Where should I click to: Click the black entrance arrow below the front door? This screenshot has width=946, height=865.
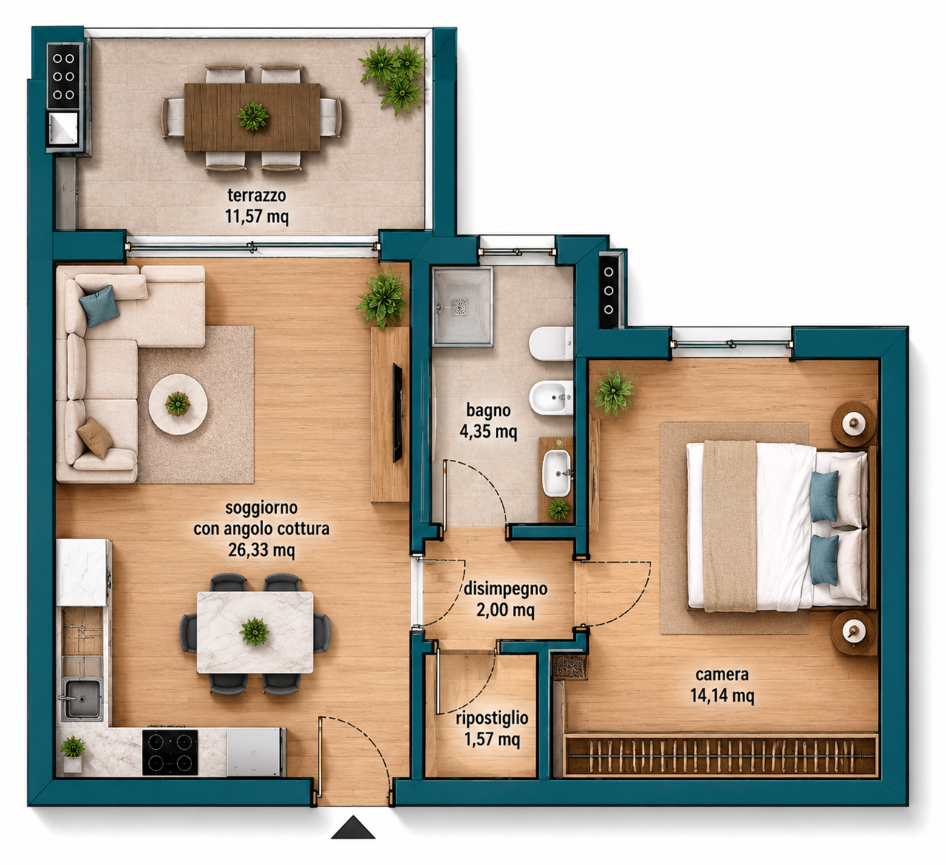(353, 829)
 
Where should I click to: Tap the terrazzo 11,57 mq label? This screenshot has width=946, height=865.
(256, 206)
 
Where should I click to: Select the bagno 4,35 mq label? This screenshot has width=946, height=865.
(488, 421)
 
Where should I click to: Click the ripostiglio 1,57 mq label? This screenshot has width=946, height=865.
(492, 729)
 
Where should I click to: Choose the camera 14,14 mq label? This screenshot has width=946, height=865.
(722, 685)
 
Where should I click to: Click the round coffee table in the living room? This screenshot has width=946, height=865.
(178, 404)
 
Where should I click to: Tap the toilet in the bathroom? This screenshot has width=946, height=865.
(551, 344)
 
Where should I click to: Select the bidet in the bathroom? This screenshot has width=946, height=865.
(551, 397)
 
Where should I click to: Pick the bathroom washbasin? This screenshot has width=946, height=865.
(557, 473)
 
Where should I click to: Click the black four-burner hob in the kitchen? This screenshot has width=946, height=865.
(170, 752)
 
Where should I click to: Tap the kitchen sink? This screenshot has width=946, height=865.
(82, 699)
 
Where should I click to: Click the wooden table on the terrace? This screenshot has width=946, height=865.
(252, 117)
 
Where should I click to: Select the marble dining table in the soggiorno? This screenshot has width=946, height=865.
(255, 632)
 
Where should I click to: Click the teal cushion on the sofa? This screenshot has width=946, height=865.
(99, 306)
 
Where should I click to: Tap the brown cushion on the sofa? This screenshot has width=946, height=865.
(95, 438)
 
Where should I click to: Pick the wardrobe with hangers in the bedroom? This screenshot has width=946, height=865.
(721, 754)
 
